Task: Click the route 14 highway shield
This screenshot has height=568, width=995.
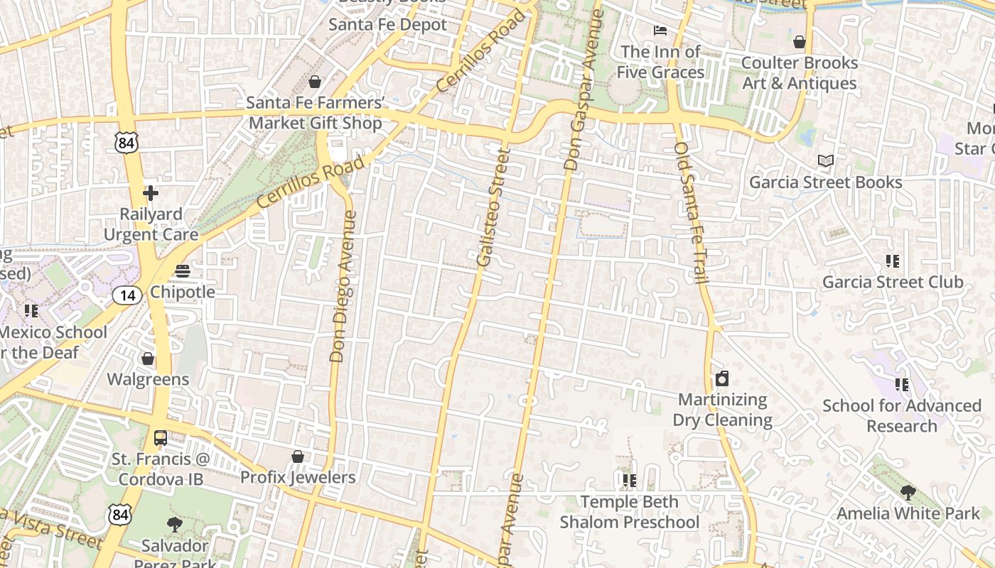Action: [127, 295]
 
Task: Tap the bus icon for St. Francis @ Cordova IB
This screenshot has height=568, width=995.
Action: [161, 438]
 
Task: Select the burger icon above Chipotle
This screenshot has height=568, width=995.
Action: [183, 271]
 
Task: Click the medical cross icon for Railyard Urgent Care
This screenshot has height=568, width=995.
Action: [151, 192]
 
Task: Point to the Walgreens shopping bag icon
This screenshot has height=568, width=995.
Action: [148, 359]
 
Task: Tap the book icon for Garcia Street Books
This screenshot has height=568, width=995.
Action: [825, 161]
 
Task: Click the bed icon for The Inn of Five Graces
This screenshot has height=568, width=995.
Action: [660, 31]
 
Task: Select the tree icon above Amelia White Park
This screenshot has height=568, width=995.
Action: [908, 492]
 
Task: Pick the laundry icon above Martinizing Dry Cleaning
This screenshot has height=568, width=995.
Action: [722, 378]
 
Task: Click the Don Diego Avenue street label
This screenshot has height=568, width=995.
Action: [343, 285]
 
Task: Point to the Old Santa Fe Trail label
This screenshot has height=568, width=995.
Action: [692, 213]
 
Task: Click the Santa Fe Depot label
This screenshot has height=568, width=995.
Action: [387, 25]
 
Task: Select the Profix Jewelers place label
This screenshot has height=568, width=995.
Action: [298, 477]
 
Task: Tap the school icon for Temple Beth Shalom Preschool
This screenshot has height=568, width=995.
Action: [629, 481]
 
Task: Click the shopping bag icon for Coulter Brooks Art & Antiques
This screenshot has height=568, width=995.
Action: [800, 42]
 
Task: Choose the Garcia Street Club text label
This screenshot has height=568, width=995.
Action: [893, 283]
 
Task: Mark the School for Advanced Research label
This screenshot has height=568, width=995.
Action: [902, 416]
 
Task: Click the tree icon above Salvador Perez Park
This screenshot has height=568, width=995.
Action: [174, 525]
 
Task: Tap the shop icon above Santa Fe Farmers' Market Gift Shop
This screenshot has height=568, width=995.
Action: [315, 82]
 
